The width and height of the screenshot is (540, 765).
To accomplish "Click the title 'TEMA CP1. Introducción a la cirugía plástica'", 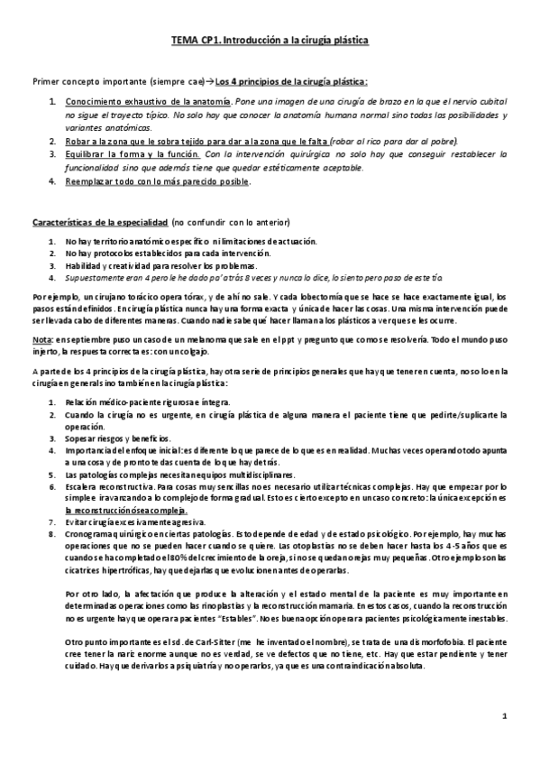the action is pos(270,41).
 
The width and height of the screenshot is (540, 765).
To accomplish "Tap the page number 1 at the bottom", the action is pos(506,716).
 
